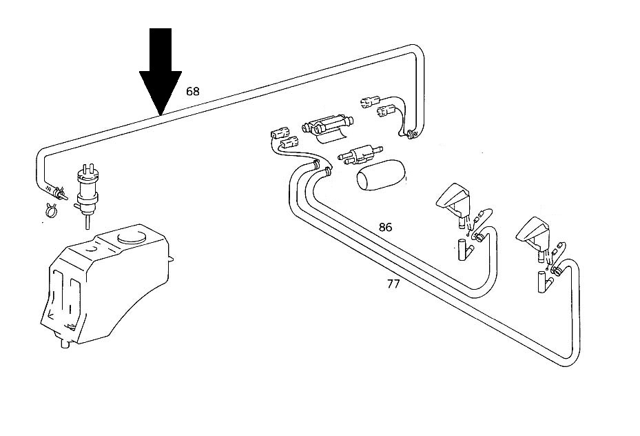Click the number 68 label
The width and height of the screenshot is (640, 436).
(x=193, y=91)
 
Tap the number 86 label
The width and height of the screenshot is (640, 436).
(x=385, y=227)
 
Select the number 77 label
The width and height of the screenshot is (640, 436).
(x=393, y=284)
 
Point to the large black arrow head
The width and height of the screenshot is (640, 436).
(x=161, y=92)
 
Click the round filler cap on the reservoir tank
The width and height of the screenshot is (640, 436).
(x=131, y=237)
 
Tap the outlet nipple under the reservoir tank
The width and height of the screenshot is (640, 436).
(x=65, y=344)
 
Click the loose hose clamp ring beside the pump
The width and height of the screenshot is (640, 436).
(x=51, y=210)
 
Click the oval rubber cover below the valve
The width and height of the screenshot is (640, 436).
(x=381, y=175)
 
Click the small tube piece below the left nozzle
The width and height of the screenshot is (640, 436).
(x=463, y=249)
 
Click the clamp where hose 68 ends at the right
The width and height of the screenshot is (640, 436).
(x=411, y=135)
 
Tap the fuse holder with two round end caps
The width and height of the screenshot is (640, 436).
(x=328, y=124)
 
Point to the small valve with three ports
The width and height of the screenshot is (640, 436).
(x=359, y=155)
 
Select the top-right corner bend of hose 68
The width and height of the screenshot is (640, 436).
(x=417, y=50)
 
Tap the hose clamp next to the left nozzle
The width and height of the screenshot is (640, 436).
(x=477, y=236)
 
